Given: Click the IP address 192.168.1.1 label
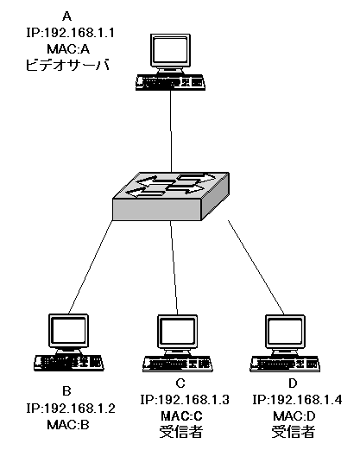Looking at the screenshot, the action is [x=71, y=33].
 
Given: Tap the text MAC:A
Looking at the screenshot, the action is [x=68, y=49].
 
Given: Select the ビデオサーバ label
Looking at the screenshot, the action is [x=68, y=65].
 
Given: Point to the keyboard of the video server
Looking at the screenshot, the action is [x=170, y=83].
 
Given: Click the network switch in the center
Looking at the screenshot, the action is [x=171, y=196].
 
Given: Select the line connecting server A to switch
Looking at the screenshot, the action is [x=171, y=131].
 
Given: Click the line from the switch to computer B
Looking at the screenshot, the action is [x=91, y=267].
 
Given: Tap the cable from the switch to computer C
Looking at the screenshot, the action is [x=174, y=268].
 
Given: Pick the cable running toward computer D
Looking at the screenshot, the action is [x=256, y=268].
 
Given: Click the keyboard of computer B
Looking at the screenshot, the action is [x=68, y=363].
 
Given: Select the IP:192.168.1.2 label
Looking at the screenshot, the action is [x=71, y=409].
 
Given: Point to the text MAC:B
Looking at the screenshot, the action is [x=68, y=424].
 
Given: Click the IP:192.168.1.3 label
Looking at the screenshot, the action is [x=185, y=400].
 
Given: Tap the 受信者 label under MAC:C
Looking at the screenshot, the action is [x=181, y=432].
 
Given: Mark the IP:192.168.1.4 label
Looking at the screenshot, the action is [x=297, y=400].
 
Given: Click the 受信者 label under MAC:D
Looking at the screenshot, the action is [x=294, y=432].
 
